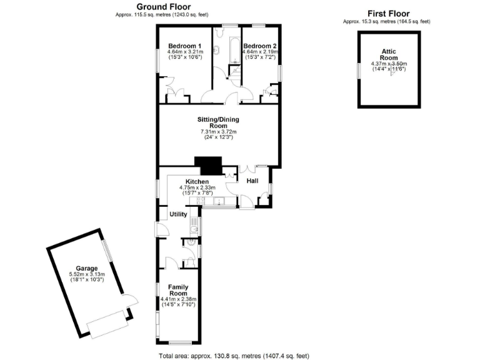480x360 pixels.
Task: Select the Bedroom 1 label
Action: coord(185,46)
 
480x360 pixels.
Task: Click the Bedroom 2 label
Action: coord(259,46)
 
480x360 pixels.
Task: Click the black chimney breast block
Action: coord(209,166)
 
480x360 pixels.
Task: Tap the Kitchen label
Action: coord(197,181)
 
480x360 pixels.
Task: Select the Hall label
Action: coord(252,181)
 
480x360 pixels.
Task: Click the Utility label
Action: coord(179,214)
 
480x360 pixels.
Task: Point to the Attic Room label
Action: coord(389,55)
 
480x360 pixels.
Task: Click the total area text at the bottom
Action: coord(234,356)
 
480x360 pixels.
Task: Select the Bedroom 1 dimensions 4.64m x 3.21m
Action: coord(185,52)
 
